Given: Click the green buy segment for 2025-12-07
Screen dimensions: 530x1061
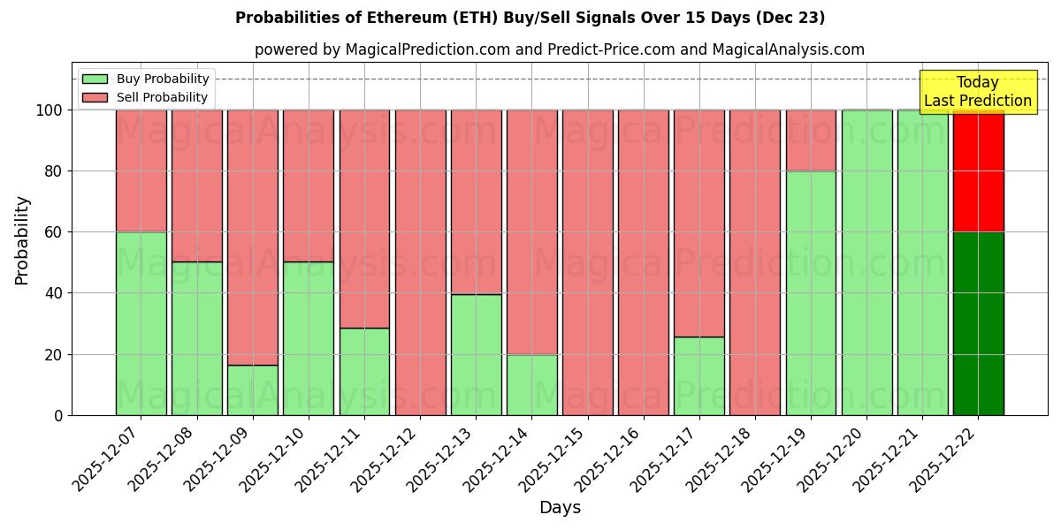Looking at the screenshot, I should [141, 323].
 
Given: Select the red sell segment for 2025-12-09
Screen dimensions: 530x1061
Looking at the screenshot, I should [253, 237].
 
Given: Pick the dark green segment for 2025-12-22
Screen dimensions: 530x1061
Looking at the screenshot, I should [978, 323].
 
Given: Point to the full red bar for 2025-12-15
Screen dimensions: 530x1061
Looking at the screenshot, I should [588, 262].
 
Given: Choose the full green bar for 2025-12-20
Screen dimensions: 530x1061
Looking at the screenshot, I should [866, 262].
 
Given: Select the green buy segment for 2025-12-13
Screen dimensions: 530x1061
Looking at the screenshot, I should [476, 354].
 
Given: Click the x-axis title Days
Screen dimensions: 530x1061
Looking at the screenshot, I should [560, 508].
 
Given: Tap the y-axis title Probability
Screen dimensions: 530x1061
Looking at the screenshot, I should [22, 240].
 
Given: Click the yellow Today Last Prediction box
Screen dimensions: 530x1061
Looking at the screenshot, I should [978, 92].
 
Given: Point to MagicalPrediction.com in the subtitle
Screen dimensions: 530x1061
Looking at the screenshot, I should [425, 49].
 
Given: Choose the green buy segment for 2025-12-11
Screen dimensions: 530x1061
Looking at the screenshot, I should [364, 371].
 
